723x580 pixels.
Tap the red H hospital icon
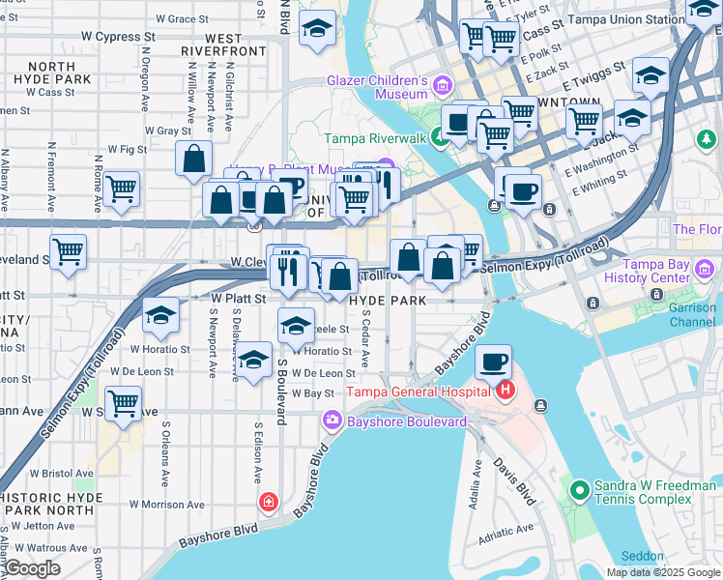tap(504, 391)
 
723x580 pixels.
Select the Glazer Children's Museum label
tap(378, 87)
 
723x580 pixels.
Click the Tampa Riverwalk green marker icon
tap(439, 138)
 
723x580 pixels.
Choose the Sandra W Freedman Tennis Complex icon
tap(579, 491)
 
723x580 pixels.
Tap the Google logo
tap(32, 568)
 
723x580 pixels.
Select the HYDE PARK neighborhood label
tap(388, 301)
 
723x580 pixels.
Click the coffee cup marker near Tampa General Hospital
tap(494, 362)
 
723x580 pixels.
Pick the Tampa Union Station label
tap(640, 19)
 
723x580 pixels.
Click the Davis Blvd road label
tap(513, 480)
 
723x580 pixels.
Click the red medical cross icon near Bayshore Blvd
tap(267, 503)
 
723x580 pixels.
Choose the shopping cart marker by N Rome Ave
tap(122, 189)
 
